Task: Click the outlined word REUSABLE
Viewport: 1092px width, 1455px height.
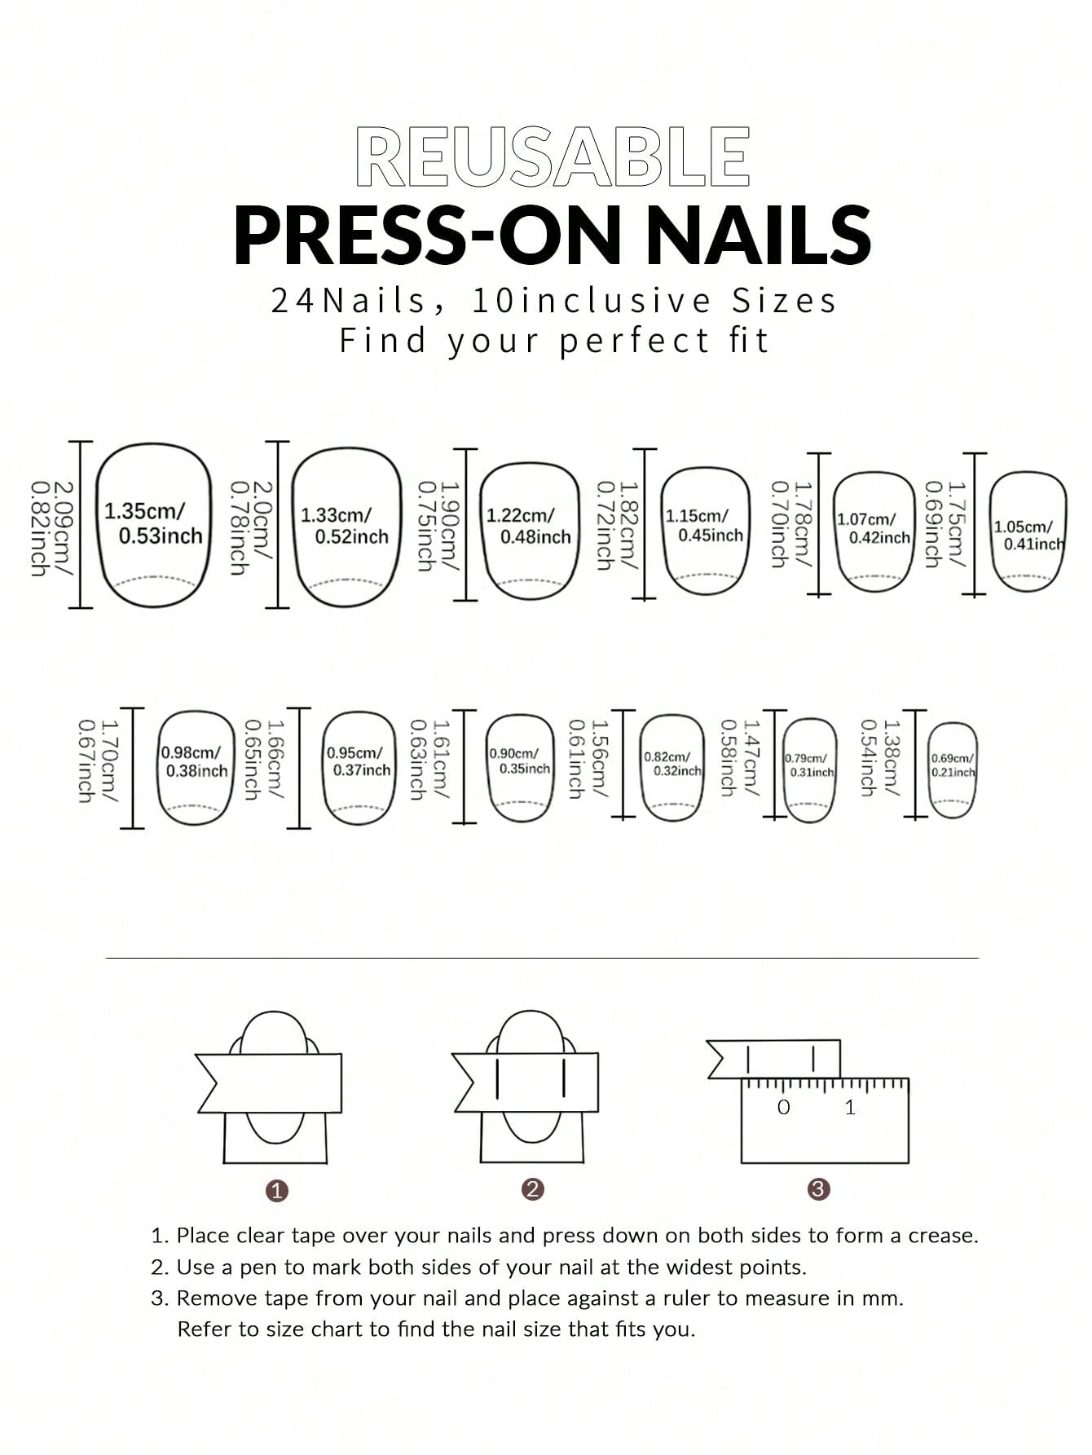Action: point(553,157)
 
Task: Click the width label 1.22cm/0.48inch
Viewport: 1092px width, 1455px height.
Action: point(528,526)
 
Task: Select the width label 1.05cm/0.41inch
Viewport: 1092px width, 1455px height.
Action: point(1028,536)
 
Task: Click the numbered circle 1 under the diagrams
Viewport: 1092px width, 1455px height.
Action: point(277,1191)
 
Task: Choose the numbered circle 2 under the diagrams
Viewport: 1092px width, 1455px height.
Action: point(532,1189)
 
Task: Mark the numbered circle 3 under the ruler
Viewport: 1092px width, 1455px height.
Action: point(818,1189)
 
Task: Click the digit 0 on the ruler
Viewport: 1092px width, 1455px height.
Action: point(784,1107)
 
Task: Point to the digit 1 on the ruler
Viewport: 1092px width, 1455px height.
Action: point(850,1107)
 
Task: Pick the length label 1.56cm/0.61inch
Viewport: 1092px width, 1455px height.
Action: point(588,759)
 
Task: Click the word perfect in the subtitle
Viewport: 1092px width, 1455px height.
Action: point(635,341)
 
